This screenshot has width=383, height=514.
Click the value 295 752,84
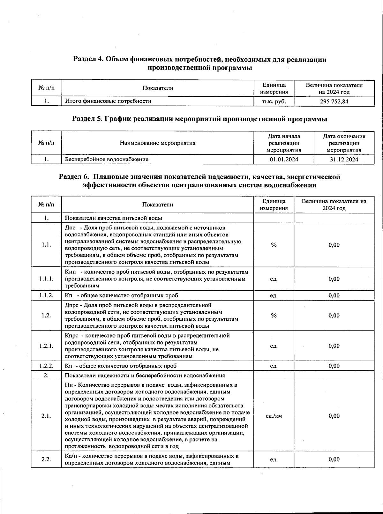tap(334, 101)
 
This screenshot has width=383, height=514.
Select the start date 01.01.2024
tap(283, 159)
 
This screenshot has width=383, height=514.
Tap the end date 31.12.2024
tap(344, 159)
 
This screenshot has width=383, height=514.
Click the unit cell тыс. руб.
tap(274, 101)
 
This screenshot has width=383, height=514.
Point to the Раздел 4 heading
tap(200, 63)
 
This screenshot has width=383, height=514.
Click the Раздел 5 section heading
tap(200, 119)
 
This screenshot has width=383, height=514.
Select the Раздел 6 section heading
tap(200, 181)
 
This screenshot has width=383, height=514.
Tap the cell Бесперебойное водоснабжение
tap(107, 159)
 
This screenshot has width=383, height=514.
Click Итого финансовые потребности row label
tap(108, 101)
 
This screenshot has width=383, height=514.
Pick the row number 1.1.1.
tap(46, 279)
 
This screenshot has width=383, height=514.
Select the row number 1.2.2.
tap(46, 366)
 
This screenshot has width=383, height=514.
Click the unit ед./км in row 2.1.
tap(274, 416)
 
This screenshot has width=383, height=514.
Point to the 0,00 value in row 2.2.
tap(334, 459)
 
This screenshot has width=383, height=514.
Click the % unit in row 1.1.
tap(274, 245)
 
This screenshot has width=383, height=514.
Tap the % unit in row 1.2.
tap(274, 316)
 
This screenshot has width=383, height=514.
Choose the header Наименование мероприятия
tap(157, 143)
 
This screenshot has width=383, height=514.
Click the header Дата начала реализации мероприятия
tap(283, 143)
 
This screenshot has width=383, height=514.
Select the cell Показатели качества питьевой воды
tap(113, 218)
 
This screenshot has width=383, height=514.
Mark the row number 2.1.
tap(46, 416)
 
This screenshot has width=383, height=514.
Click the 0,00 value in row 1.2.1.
tap(334, 346)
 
